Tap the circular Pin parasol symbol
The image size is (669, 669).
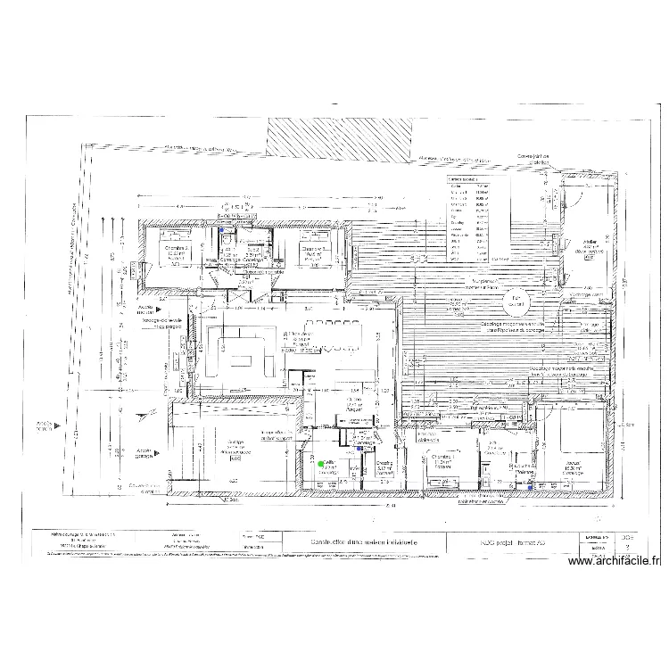(515, 302)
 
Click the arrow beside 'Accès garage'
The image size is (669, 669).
(158, 452)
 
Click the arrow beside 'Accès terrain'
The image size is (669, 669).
(58, 426)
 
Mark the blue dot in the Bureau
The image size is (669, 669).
(531, 487)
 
